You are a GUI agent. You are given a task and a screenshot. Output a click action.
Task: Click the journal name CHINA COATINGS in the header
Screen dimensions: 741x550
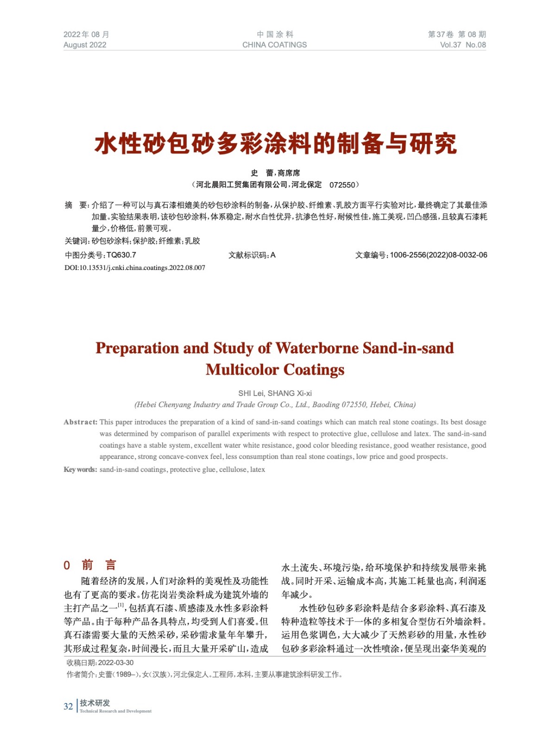click(x=274, y=45)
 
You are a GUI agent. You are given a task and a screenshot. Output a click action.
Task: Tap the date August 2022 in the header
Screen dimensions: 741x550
click(x=85, y=45)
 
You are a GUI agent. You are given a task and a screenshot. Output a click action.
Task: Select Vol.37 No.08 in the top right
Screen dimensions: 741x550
click(x=462, y=45)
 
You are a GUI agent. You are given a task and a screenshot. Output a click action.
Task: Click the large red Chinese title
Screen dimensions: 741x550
click(x=275, y=143)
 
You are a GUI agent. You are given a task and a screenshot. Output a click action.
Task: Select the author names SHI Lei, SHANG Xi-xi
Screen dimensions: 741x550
click(x=275, y=393)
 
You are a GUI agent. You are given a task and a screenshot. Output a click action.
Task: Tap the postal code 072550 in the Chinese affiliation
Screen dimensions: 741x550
click(x=342, y=185)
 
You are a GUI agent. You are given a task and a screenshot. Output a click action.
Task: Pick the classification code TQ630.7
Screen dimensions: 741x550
click(x=121, y=255)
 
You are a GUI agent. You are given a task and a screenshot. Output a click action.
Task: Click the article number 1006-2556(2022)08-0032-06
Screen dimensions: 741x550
click(x=438, y=255)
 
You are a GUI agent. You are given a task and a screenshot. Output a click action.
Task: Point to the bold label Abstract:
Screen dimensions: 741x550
click(x=81, y=422)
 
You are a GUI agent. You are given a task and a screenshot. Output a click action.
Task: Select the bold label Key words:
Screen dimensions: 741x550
click(x=81, y=470)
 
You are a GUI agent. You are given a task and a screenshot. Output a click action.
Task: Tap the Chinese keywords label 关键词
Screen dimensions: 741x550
click(x=76, y=241)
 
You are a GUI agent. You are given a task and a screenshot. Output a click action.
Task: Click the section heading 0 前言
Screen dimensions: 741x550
click(x=90, y=565)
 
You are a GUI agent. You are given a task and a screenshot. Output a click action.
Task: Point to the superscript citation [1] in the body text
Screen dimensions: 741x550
click(x=121, y=605)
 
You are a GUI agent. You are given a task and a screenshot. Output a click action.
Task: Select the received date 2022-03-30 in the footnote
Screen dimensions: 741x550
click(x=116, y=663)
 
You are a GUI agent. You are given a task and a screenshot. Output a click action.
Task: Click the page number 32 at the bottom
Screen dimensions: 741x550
click(x=68, y=706)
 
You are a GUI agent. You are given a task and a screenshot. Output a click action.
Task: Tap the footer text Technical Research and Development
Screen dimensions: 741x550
click(x=115, y=711)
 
